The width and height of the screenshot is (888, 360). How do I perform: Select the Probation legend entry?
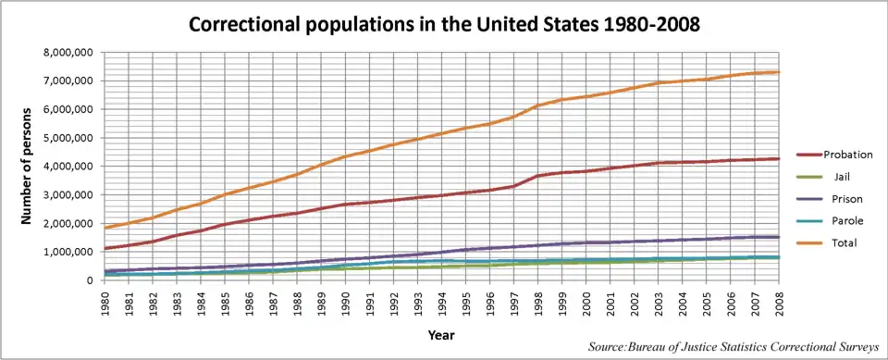[829, 155]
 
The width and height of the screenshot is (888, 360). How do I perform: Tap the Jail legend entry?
[829, 177]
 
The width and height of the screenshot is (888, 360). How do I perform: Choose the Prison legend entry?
[829, 199]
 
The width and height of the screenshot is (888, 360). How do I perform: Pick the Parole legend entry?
[829, 221]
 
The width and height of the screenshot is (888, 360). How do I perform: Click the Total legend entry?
[829, 243]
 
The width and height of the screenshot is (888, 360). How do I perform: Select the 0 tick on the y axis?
[89, 280]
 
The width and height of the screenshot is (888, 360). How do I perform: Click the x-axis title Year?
[441, 335]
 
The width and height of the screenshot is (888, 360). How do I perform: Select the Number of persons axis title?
[26, 165]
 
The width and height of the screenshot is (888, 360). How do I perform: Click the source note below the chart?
[734, 346]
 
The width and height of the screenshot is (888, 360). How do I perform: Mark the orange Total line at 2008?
[779, 72]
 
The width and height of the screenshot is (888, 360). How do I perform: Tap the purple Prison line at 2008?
[779, 237]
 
